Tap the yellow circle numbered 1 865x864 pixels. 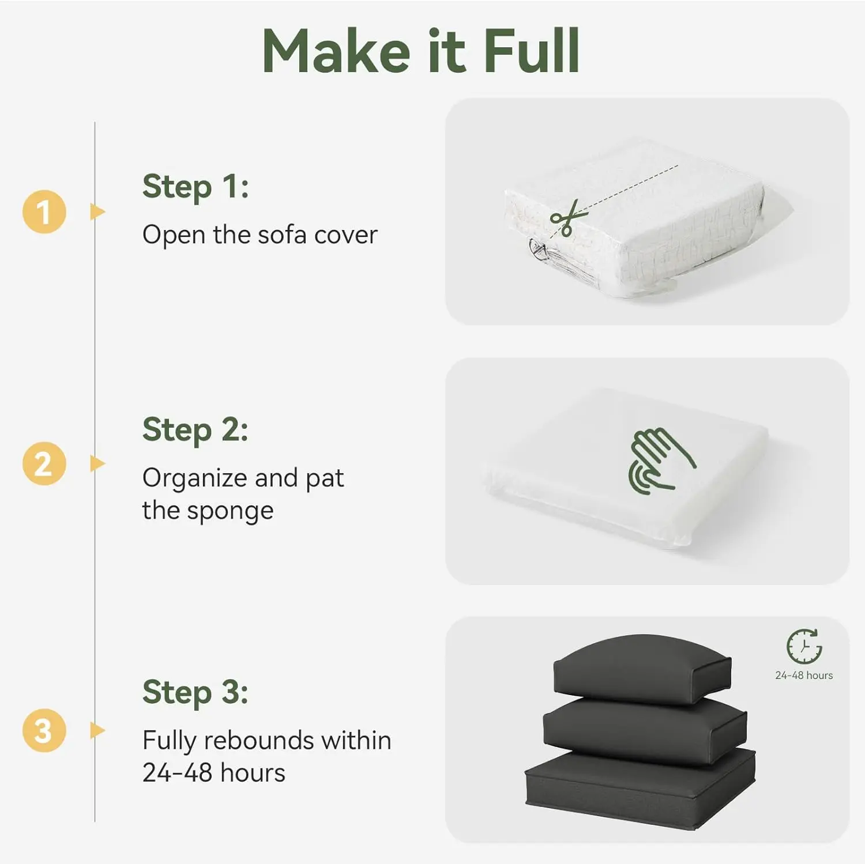[44, 212]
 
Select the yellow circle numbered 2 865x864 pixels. [44, 463]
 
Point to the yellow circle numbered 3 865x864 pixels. [44, 730]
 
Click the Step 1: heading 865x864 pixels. [195, 187]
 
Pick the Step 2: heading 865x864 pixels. [195, 430]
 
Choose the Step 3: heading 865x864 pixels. [195, 692]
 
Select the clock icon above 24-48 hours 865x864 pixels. [804, 647]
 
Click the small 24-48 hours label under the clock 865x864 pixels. [804, 676]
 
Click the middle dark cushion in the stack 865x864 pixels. [645, 731]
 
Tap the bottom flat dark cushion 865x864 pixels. [641, 790]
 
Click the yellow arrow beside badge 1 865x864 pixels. [97, 212]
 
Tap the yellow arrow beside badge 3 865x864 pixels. [97, 730]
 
